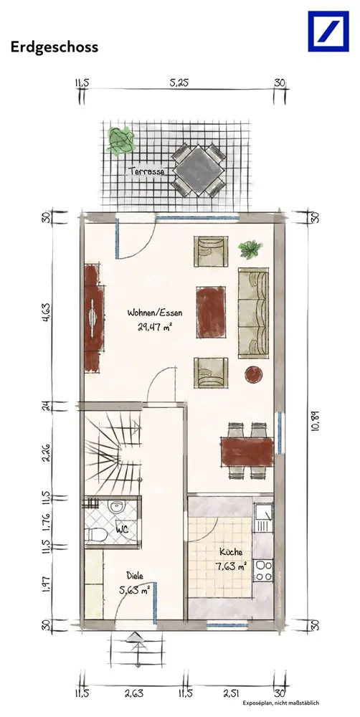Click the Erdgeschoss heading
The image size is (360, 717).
tap(55, 47)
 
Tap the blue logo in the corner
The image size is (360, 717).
tap(328, 32)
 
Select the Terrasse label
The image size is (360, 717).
tap(146, 171)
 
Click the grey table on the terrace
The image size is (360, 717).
tap(198, 171)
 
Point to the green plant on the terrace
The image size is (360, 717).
tap(121, 141)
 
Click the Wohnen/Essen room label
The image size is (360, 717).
tap(155, 313)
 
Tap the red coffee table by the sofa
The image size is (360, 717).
tap(211, 313)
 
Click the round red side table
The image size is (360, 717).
tap(253, 374)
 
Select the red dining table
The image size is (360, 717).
tap(247, 452)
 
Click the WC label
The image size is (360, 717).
tap(122, 531)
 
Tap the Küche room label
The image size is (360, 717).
tap(231, 552)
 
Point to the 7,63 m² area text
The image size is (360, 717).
tap(231, 567)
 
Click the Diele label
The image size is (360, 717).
tap(136, 576)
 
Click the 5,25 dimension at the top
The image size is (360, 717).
tap(179, 82)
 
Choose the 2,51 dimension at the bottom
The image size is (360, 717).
tap(232, 694)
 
